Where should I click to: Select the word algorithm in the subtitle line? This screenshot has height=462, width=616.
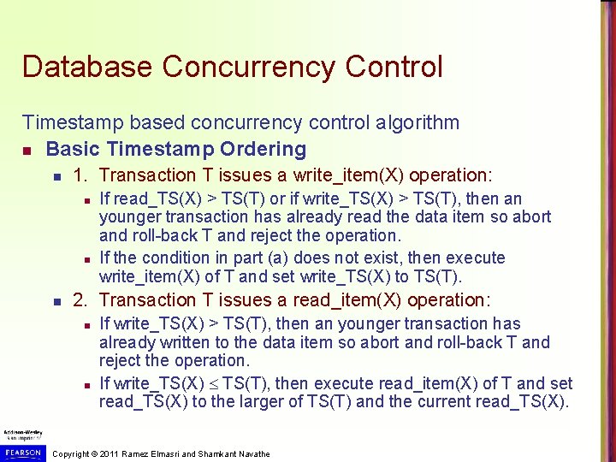(x=406, y=123)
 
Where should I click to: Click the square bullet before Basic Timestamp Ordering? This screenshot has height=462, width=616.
(x=27, y=151)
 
